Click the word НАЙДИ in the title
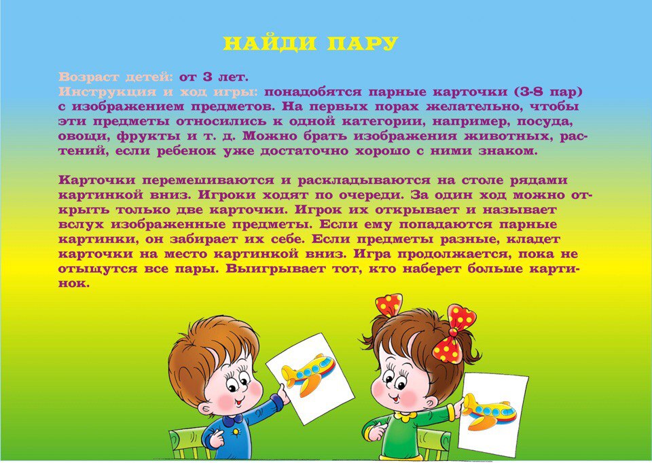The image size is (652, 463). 270,43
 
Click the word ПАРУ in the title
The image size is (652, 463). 363,43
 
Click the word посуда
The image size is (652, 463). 544,122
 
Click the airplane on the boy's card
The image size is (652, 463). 308,373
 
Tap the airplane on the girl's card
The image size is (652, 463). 490,411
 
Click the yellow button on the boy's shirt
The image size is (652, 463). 236,432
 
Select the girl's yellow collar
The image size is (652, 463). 405,415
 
